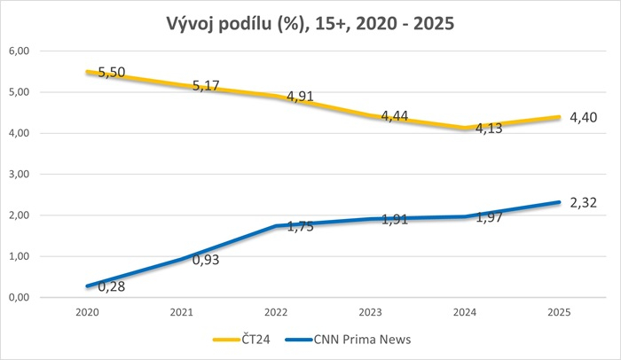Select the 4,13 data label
[489, 130]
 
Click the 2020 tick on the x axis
[87, 313]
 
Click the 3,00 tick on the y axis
[19, 175]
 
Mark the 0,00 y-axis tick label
[19, 298]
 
